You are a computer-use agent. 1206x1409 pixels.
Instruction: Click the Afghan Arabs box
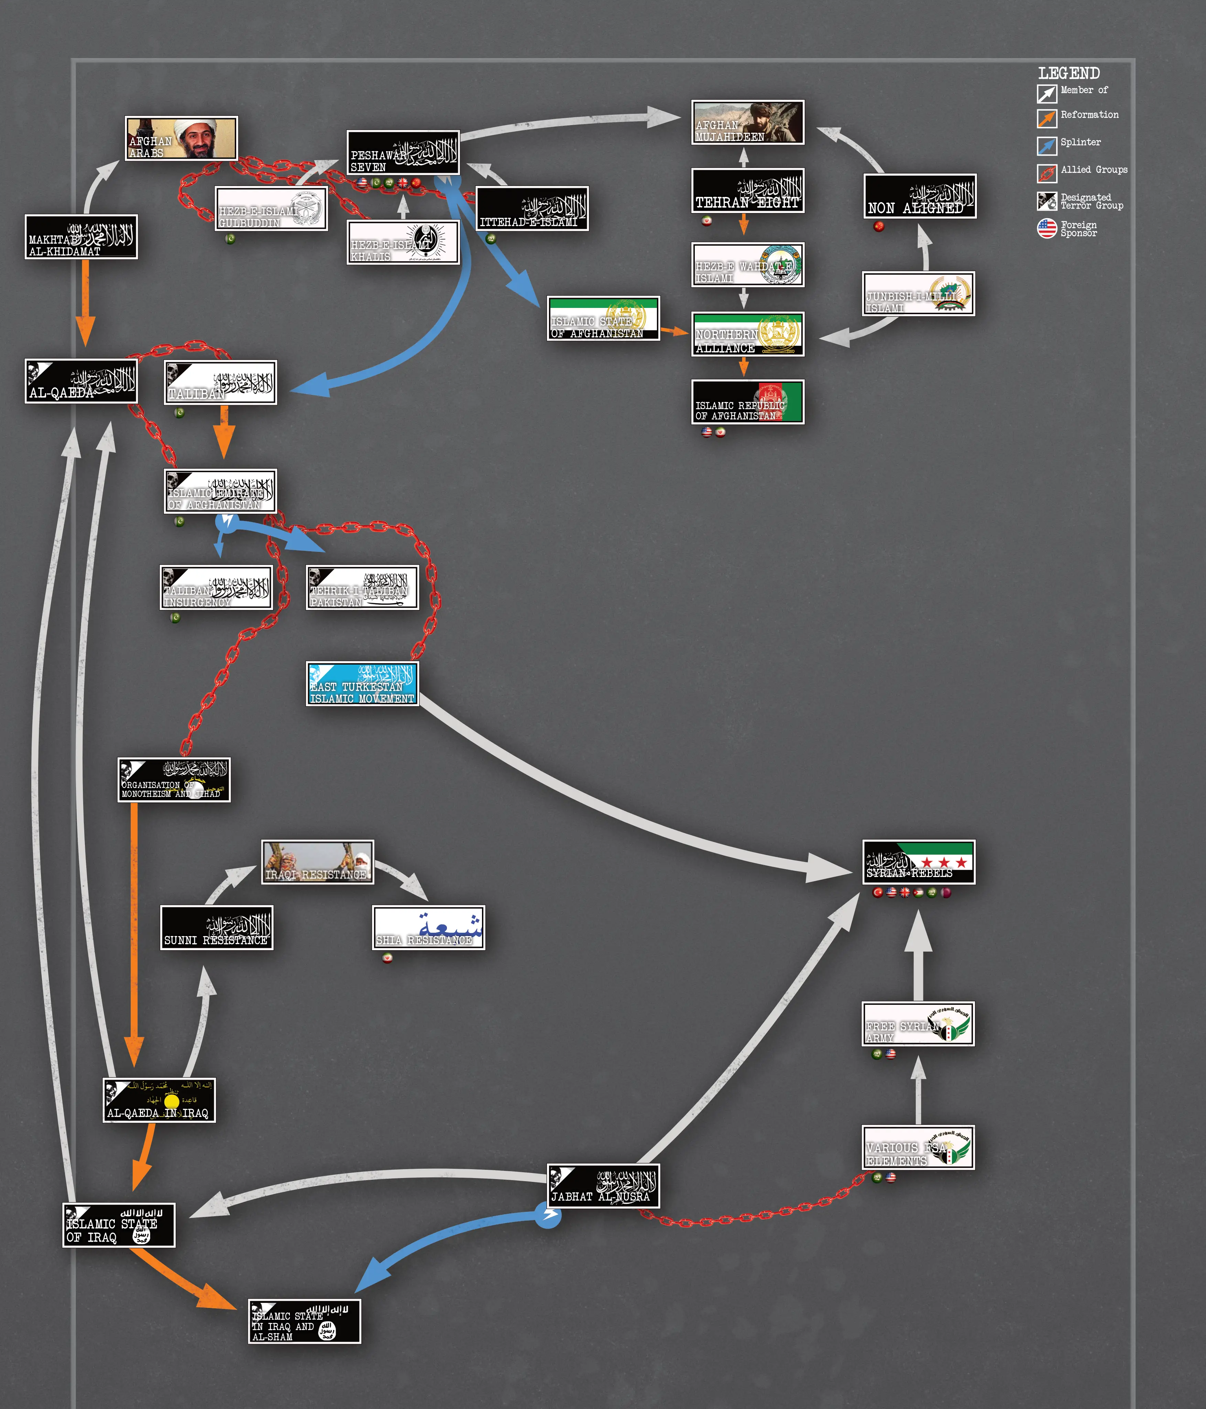click(181, 138)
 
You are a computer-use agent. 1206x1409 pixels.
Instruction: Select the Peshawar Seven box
click(403, 152)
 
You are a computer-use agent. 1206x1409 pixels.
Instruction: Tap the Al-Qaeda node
click(81, 381)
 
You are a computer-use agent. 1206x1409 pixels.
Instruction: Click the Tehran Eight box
click(747, 191)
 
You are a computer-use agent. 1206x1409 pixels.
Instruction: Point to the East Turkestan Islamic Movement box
click(362, 684)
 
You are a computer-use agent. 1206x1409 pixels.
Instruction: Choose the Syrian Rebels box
click(918, 862)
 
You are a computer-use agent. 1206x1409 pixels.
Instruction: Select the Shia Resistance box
click(428, 928)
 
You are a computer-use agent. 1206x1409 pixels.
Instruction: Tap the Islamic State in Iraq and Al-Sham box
click(304, 1321)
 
